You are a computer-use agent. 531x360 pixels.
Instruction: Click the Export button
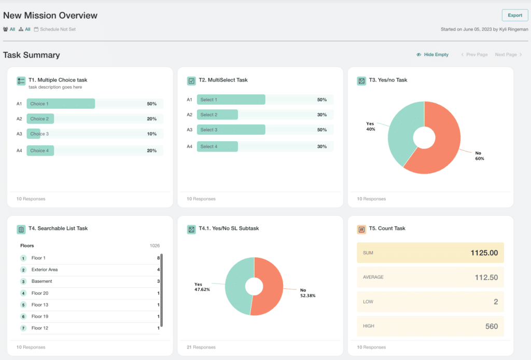[514, 16]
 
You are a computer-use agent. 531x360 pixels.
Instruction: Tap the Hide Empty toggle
[432, 54]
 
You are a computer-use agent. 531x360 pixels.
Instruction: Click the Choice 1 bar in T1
[61, 104]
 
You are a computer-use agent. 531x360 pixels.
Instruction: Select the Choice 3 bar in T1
[34, 134]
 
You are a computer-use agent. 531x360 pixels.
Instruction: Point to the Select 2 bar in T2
[217, 115]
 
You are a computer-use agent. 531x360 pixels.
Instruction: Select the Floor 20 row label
[40, 293]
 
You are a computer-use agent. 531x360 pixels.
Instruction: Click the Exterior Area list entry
[45, 270]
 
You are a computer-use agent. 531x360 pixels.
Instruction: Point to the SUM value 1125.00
[484, 253]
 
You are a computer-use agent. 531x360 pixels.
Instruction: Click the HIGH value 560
[491, 326]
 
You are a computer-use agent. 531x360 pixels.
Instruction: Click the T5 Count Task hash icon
[361, 229]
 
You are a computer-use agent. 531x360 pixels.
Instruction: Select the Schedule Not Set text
[58, 29]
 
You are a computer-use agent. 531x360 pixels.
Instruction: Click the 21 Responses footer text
[201, 347]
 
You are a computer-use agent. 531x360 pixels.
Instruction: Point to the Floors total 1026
[155, 246]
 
